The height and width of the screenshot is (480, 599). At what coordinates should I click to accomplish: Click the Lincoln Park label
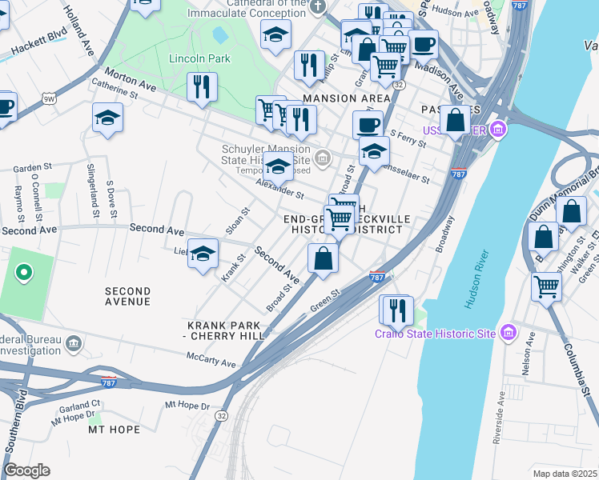(x=199, y=58)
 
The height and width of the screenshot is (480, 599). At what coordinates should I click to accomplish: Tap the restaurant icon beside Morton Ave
(x=202, y=86)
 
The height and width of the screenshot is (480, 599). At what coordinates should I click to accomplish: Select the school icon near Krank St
(x=203, y=254)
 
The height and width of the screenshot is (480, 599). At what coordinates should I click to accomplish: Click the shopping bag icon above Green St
(x=323, y=258)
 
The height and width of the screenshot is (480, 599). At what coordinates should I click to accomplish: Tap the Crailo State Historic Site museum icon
(x=507, y=331)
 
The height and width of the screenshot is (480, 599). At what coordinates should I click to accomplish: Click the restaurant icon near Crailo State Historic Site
(x=397, y=310)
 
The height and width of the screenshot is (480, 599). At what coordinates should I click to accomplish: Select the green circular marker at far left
(x=24, y=274)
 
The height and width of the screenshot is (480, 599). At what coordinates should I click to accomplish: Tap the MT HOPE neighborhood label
(x=114, y=430)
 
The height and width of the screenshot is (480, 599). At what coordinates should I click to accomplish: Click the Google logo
(x=26, y=470)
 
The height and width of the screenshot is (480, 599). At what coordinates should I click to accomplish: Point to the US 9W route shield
(x=49, y=98)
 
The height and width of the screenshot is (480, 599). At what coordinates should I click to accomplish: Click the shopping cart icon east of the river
(x=546, y=286)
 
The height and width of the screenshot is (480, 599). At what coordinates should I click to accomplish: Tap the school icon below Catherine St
(x=107, y=118)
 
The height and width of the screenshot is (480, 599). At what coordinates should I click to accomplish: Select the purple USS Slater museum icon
(x=499, y=129)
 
